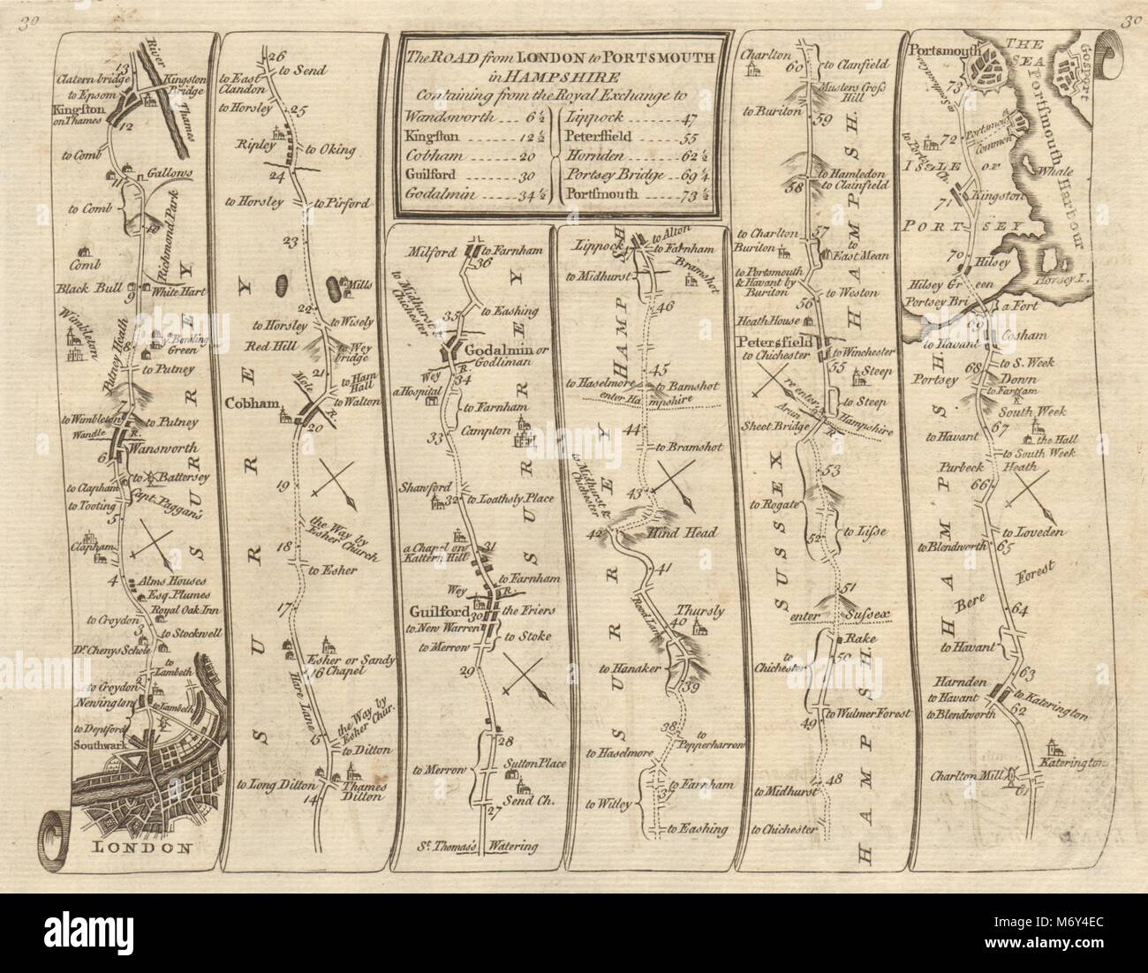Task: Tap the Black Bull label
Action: [90, 288]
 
